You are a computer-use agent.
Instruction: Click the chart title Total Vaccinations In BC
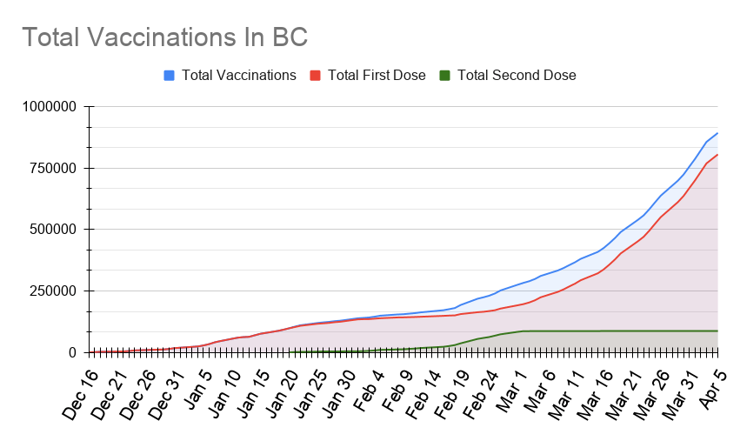[164, 37]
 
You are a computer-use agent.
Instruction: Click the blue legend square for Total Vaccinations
[170, 75]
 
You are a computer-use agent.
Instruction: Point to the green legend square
[445, 75]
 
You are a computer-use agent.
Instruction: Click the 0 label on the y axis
[73, 352]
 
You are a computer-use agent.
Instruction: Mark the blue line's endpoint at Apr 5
[717, 133]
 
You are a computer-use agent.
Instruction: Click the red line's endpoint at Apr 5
[717, 155]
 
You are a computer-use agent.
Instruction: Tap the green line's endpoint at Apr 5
[717, 331]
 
